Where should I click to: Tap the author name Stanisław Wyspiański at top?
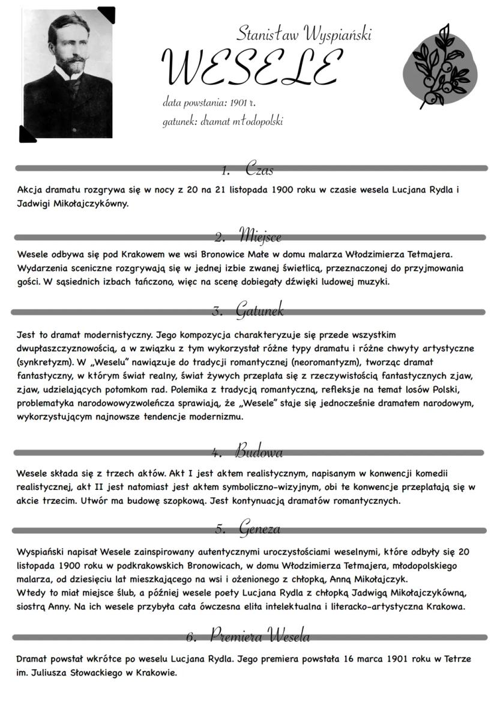point(304,33)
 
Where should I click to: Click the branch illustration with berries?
point(441,66)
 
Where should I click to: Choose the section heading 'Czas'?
point(259,170)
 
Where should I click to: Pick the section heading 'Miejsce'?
point(259,235)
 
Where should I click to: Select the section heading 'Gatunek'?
point(259,310)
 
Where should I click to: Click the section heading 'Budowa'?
point(259,451)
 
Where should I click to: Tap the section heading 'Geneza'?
point(259,529)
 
